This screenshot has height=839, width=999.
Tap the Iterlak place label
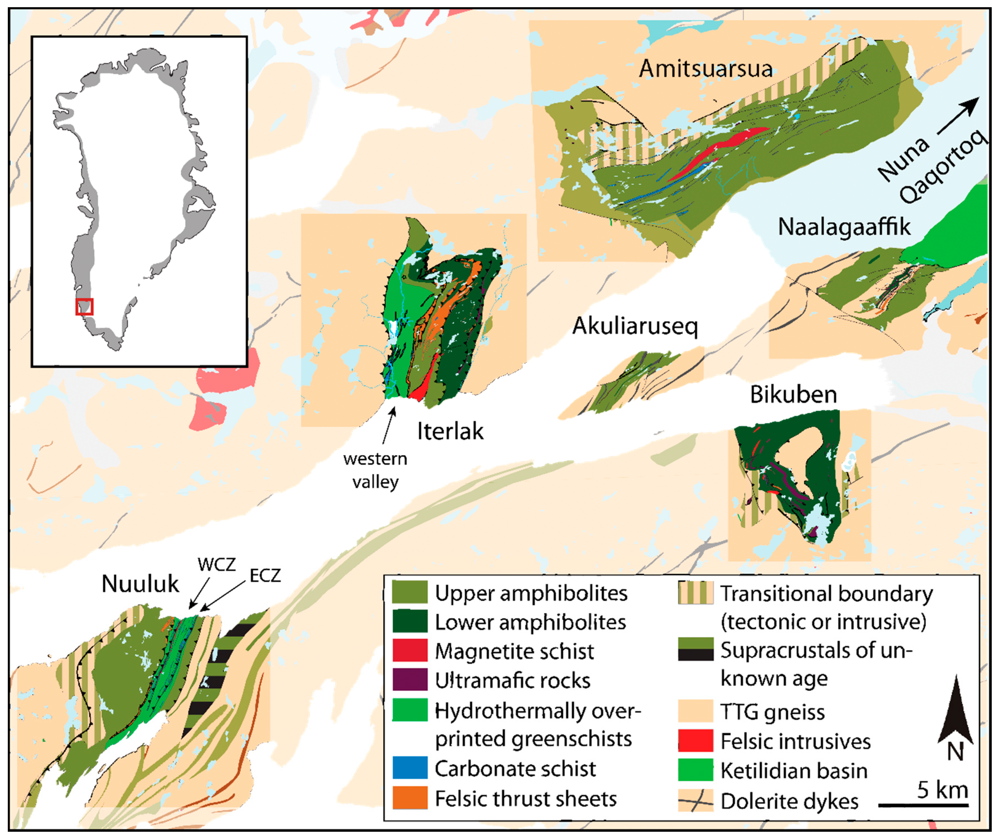coord(450,431)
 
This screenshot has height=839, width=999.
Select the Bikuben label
coord(793,395)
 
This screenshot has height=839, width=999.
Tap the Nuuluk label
coord(140,583)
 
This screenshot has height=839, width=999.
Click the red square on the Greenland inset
coord(84,306)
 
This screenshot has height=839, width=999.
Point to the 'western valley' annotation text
coord(375,470)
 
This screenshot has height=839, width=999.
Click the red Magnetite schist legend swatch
coord(410,651)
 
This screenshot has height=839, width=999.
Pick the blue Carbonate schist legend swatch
coord(410,768)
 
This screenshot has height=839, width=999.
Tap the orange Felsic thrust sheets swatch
coord(410,798)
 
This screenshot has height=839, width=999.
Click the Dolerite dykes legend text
coord(789,801)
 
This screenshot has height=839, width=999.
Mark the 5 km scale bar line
coord(923,805)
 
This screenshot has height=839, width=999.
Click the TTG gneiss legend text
coord(772,712)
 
